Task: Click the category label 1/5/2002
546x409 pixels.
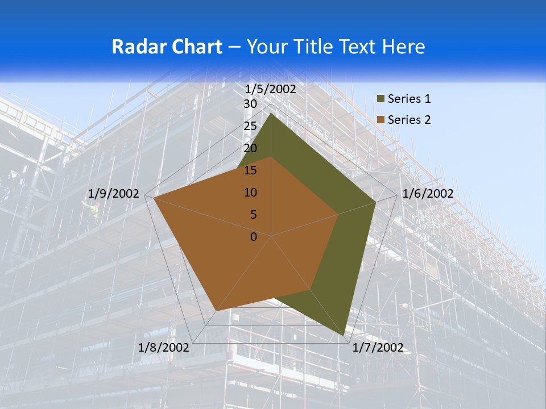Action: [x=271, y=89]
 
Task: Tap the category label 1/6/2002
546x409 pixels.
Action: [x=428, y=194]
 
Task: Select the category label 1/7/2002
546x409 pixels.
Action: [x=378, y=348]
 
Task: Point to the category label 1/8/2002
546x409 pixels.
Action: [x=164, y=348]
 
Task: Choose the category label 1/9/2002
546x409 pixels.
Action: [x=114, y=194]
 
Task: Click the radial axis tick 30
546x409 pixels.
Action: [x=250, y=105]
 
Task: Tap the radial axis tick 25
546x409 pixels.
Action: [x=250, y=127]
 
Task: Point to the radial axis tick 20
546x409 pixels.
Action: [x=250, y=149]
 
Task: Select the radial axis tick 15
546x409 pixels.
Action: [x=250, y=171]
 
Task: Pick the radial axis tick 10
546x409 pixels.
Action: [x=250, y=193]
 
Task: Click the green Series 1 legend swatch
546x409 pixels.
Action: [x=380, y=99]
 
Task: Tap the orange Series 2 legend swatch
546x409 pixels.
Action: [x=380, y=120]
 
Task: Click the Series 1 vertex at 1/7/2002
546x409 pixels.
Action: [x=345, y=335]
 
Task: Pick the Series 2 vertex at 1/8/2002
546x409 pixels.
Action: [x=216, y=311]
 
